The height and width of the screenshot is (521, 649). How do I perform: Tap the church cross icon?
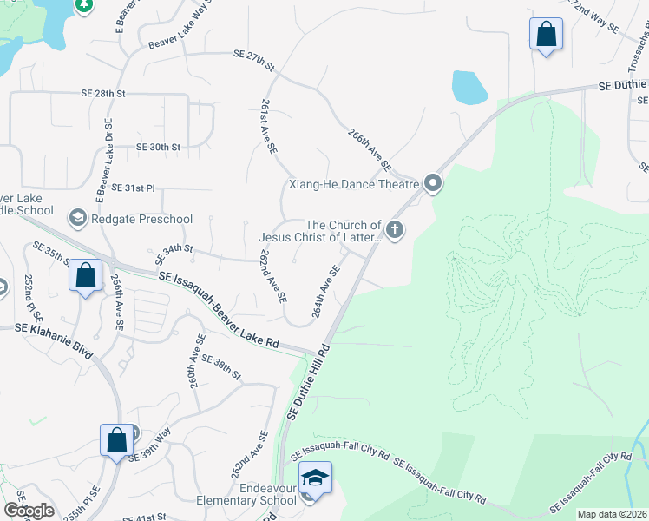coord(395,230)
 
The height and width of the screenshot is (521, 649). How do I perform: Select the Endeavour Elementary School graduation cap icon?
coord(314,478)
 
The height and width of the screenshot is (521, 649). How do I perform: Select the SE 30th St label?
coord(158,148)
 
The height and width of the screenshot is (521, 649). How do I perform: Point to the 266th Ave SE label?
coord(370,149)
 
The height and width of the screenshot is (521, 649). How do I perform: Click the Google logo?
coord(29,511)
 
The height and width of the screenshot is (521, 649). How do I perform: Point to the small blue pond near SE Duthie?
coord(469,87)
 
